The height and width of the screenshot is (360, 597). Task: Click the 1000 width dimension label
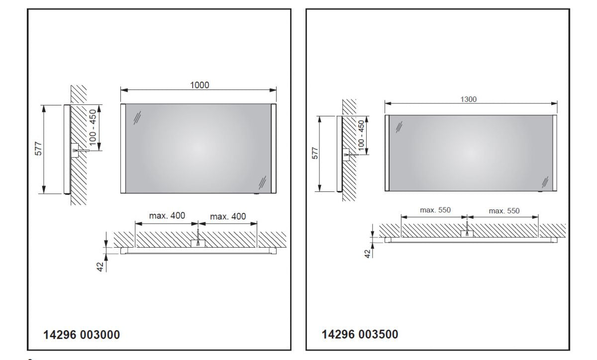click(199, 85)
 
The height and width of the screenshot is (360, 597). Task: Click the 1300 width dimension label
click(468, 99)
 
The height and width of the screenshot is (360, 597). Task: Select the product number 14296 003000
click(82, 335)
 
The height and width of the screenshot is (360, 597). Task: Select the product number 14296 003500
click(360, 335)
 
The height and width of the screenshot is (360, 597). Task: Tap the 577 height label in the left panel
click(39, 149)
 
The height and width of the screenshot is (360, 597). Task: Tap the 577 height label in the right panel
click(315, 153)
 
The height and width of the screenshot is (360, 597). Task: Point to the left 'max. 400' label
click(167, 216)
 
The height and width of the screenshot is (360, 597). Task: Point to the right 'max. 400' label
click(228, 216)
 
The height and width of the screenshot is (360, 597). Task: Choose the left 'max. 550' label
click(435, 210)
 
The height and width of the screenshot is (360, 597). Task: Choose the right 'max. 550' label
click(504, 211)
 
